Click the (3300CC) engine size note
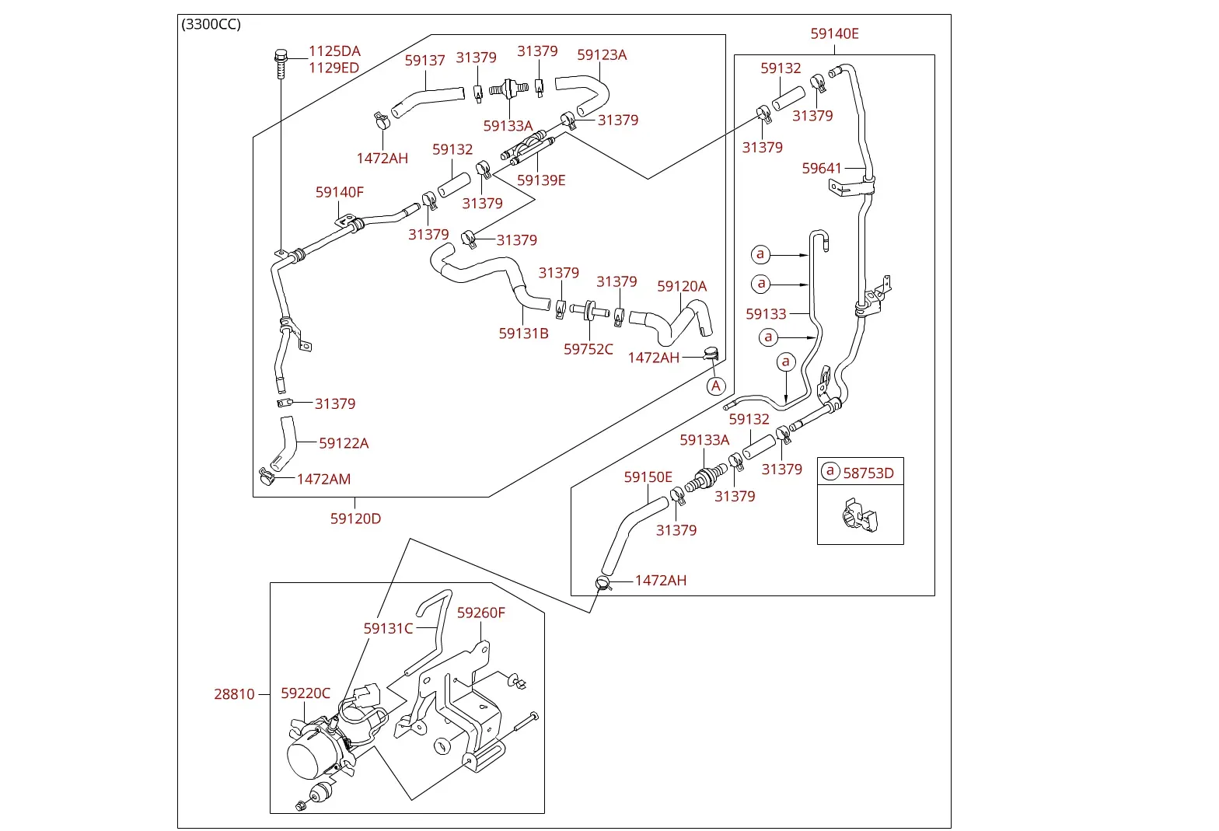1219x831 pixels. (211, 25)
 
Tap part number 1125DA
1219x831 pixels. (334, 51)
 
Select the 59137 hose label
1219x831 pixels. (424, 61)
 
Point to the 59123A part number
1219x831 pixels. (602, 55)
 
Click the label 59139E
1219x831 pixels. (541, 180)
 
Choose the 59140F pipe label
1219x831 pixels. (339, 192)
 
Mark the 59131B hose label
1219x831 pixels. (523, 333)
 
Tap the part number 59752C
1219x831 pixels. (588, 349)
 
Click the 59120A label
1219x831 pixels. (681, 286)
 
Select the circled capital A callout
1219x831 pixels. (715, 386)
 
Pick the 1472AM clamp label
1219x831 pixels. (323, 480)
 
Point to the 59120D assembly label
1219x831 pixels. (355, 519)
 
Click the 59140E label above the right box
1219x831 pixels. (834, 33)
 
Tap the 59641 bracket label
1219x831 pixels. (822, 169)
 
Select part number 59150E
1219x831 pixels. (648, 477)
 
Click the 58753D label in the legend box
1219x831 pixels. (868, 473)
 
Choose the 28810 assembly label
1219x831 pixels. (234, 694)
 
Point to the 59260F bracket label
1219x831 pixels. (480, 613)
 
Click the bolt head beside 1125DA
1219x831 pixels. (281, 56)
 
